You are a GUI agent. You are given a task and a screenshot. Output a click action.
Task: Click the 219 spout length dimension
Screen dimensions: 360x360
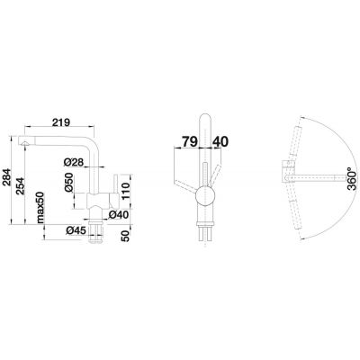tap(60, 122)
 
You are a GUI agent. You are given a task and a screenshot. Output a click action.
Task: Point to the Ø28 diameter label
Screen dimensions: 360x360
tap(74, 162)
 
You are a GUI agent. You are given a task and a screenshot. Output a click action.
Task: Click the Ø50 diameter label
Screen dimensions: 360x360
tap(68, 182)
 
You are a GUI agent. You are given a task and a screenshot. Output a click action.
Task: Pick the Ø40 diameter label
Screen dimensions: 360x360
tap(119, 214)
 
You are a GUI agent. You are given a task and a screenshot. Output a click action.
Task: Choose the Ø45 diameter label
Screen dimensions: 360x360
tap(76, 230)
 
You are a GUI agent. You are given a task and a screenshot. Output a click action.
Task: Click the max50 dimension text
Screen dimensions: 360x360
tap(40, 208)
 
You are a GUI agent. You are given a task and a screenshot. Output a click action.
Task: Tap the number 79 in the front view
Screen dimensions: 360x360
tap(190, 141)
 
